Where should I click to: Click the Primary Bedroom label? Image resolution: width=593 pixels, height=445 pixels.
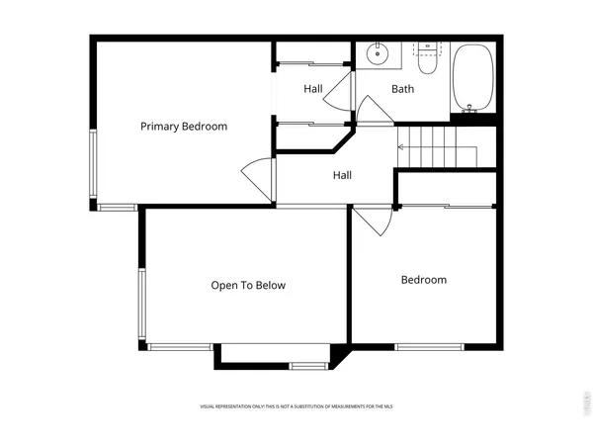pos(184,126)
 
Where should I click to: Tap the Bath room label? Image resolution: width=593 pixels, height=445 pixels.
pos(402,89)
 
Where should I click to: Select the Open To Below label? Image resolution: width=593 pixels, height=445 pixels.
pos(248,286)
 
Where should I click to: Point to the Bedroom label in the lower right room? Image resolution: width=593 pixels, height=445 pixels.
pos(423,280)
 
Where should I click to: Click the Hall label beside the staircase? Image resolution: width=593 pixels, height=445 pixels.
pos(342,175)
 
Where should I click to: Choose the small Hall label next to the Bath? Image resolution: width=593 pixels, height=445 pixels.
pos(313,89)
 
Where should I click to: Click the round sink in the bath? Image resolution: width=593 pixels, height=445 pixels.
pos(377,53)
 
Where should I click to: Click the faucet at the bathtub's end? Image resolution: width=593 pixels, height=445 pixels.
pos(468,110)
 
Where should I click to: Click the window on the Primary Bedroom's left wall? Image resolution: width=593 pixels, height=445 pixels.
pos(96,164)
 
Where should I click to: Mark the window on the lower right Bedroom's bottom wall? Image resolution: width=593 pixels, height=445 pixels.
pos(429,346)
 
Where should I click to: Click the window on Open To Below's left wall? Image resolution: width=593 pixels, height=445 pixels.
pos(143,304)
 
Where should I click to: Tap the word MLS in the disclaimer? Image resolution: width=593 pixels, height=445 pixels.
pos(388,406)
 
